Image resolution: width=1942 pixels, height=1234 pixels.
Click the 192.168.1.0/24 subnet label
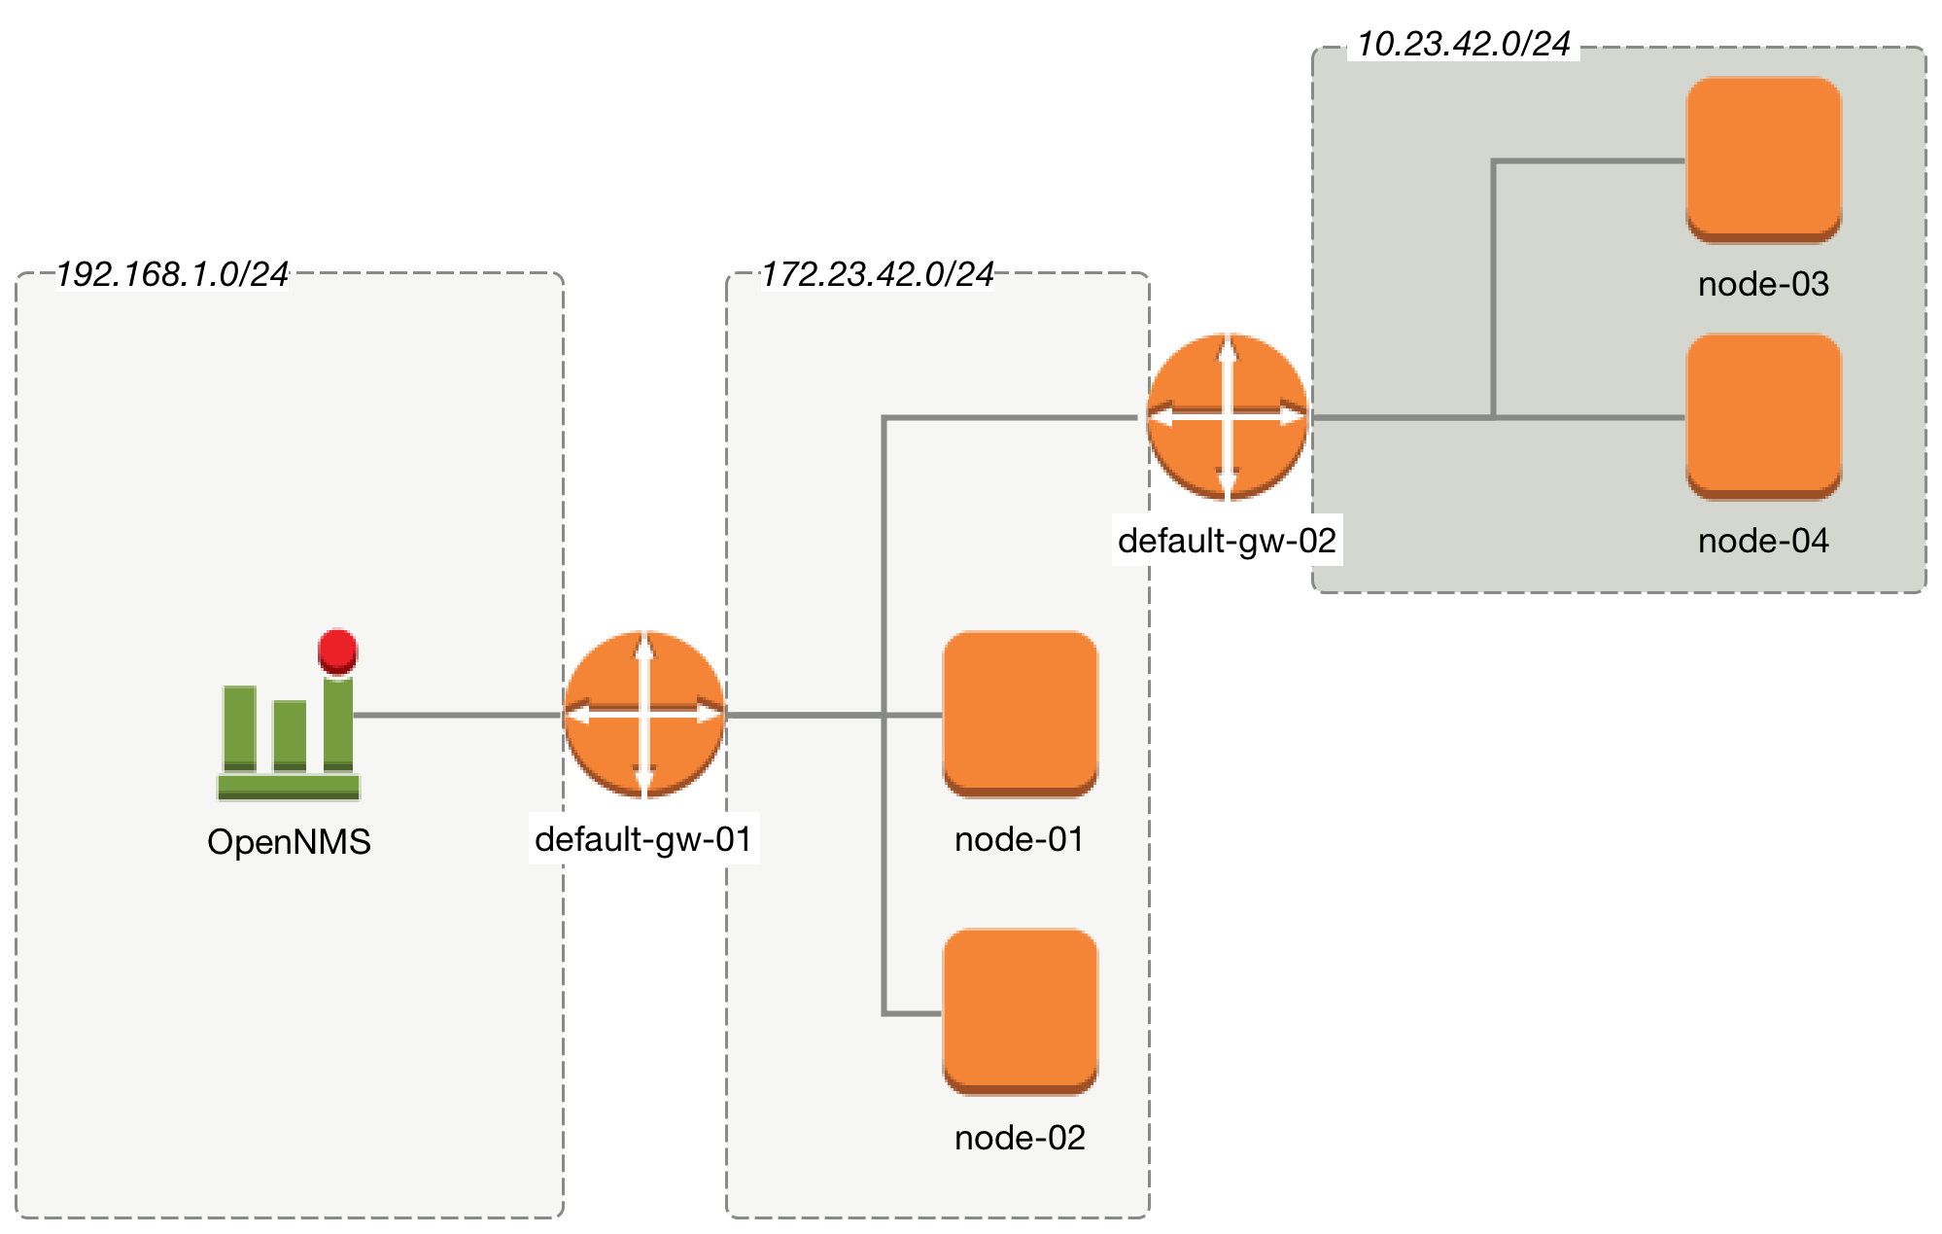pos(172,275)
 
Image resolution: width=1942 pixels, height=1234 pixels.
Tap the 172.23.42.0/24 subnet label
pos(877,275)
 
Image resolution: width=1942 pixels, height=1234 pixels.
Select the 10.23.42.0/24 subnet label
pos(1463,45)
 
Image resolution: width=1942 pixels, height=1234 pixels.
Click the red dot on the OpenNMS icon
pos(337,650)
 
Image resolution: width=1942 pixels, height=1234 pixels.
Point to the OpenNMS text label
pos(289,842)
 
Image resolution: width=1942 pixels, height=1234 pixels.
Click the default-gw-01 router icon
pos(644,715)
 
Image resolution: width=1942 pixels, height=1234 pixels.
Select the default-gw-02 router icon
pos(1228,417)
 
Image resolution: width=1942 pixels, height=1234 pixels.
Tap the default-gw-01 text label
pos(643,839)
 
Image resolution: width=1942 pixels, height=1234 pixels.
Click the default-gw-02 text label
pos(1227,541)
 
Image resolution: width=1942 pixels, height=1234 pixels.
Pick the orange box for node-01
pos(1020,713)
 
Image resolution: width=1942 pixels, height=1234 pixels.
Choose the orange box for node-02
pos(1020,1011)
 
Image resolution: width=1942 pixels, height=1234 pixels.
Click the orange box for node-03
pos(1763,159)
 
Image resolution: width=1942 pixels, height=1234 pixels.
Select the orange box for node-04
pos(1763,416)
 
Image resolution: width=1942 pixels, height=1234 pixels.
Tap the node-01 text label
pos(1019,839)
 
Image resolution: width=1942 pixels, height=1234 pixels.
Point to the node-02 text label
pos(1019,1138)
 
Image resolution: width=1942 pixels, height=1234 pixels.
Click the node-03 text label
pos(1763,284)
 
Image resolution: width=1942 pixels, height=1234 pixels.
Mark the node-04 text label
pos(1763,541)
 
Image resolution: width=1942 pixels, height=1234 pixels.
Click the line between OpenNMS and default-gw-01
pos(457,715)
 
